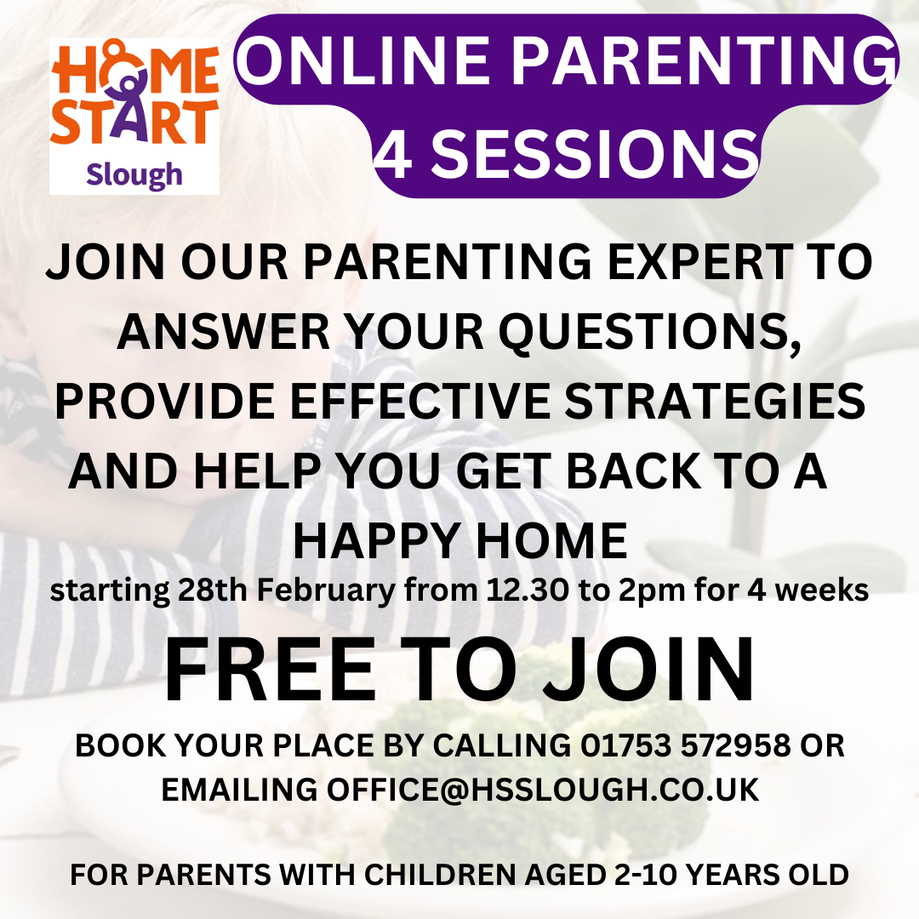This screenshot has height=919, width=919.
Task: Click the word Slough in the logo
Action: click(x=134, y=174)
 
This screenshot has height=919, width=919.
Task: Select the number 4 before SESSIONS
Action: click(x=392, y=154)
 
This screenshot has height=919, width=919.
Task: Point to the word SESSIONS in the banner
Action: click(x=594, y=154)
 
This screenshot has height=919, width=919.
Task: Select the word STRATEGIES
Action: click(x=715, y=402)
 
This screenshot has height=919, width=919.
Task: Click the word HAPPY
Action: click(x=377, y=541)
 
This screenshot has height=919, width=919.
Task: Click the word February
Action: click(x=326, y=591)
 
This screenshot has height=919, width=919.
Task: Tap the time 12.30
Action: click(x=528, y=591)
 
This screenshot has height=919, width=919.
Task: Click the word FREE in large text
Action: click(x=271, y=670)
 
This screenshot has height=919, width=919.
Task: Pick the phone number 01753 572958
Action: click(x=685, y=745)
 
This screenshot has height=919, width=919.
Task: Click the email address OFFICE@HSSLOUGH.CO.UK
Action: click(x=543, y=790)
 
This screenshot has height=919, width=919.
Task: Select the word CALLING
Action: click(x=502, y=745)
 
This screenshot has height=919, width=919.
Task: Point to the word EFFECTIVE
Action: click(x=420, y=402)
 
